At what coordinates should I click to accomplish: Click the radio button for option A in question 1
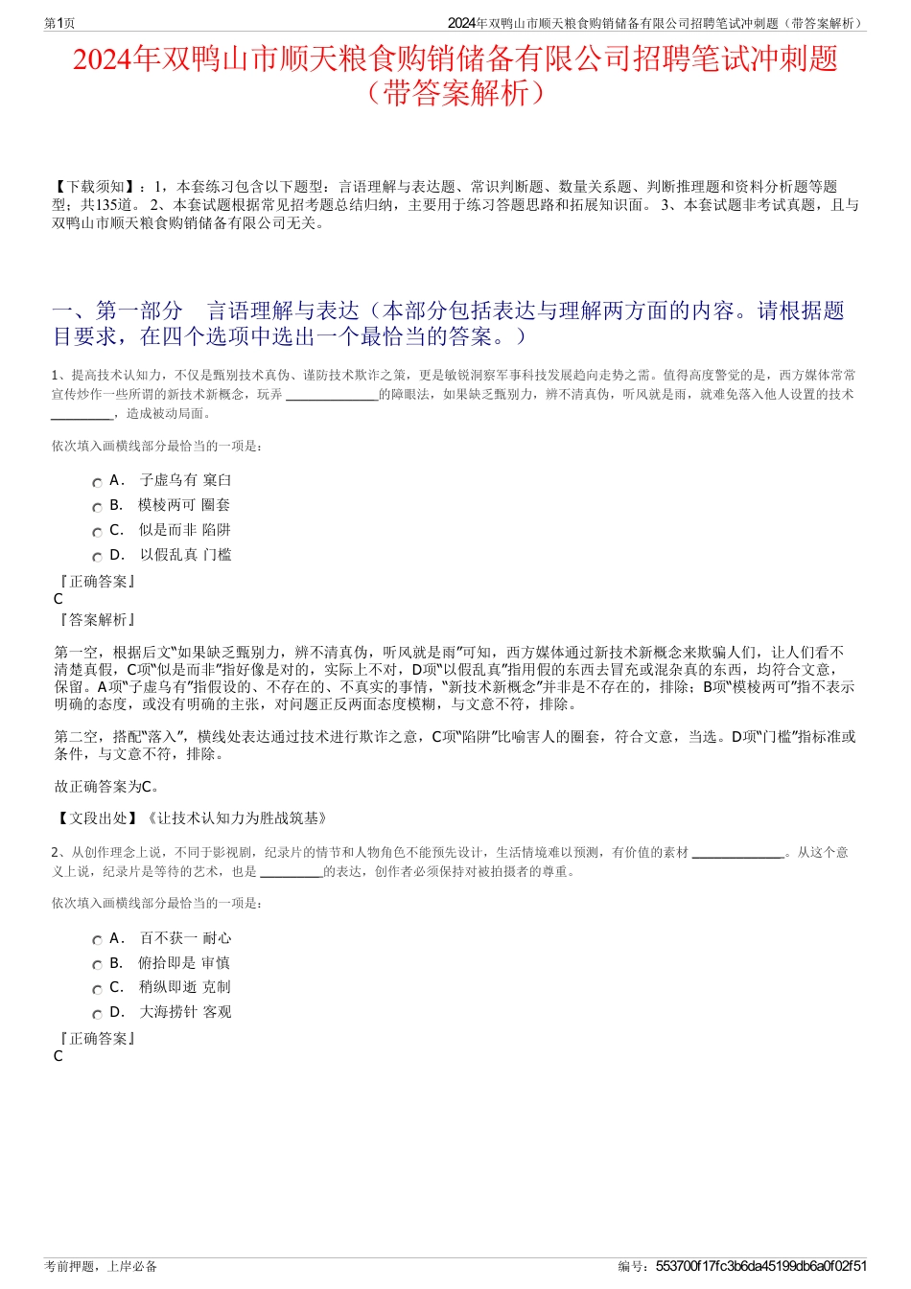(x=97, y=483)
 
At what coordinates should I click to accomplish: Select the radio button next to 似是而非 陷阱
(x=97, y=533)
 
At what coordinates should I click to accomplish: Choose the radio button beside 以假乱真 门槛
(x=97, y=558)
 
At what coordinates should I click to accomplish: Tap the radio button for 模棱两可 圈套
(x=97, y=508)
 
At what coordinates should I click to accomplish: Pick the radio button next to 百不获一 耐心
(x=97, y=941)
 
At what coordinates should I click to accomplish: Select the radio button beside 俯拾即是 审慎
(x=97, y=966)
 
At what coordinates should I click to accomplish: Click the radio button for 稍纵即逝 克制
(x=97, y=990)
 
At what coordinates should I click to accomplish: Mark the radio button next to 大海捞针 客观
(x=97, y=1015)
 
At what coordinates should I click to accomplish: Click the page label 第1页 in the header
(x=59, y=23)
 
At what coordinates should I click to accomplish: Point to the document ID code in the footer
(x=761, y=1266)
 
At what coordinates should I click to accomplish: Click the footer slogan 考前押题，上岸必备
(x=101, y=1266)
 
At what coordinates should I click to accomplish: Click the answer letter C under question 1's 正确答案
(x=58, y=599)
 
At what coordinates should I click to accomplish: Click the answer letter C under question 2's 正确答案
(x=58, y=1056)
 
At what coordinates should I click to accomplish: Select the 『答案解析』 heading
(x=97, y=620)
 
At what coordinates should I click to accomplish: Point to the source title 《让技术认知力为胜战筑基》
(x=237, y=817)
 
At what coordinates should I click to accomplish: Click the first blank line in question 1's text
(x=332, y=395)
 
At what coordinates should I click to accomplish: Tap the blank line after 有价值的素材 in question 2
(x=737, y=853)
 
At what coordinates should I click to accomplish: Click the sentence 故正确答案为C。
(x=107, y=786)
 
